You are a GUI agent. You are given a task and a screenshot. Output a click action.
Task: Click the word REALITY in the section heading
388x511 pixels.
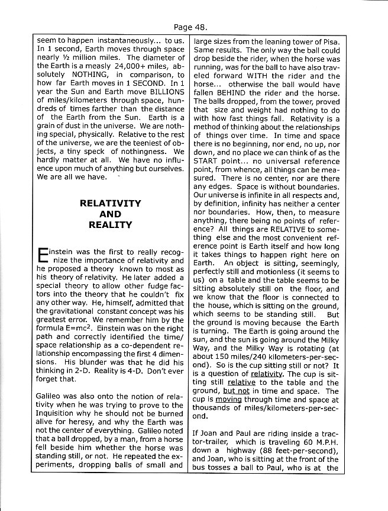pyautogui.click(x=111, y=225)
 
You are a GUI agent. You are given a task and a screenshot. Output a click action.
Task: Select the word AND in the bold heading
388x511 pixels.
pyautogui.click(x=111, y=214)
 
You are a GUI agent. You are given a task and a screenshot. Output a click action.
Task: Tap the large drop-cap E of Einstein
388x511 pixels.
pyautogui.click(x=42, y=256)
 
